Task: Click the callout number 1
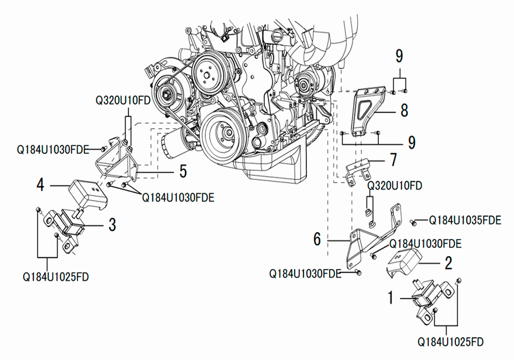390,298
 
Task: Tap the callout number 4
40,185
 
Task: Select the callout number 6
317,239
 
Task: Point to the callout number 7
393,159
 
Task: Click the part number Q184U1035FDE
465,220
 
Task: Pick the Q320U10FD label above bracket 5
123,100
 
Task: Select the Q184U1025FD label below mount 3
56,277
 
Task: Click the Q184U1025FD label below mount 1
450,342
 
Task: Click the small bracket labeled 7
358,170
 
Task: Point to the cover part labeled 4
88,193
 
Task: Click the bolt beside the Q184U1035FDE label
413,222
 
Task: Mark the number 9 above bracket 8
399,56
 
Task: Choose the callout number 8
404,110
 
